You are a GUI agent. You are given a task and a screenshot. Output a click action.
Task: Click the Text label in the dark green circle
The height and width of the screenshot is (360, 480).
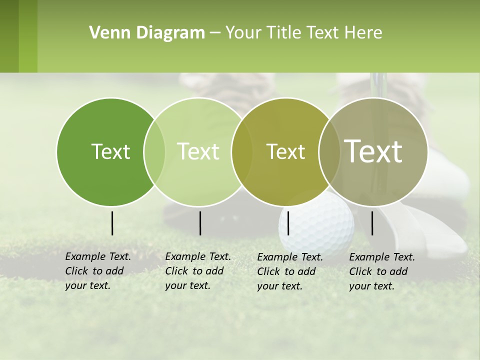tap(110, 151)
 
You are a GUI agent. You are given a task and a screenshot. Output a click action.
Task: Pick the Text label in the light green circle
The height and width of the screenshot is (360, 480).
tap(198, 151)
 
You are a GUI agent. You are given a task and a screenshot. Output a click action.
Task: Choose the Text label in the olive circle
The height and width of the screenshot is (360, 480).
tap(285, 151)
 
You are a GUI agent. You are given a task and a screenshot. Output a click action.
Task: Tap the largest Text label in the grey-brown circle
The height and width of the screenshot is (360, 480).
tap(373, 151)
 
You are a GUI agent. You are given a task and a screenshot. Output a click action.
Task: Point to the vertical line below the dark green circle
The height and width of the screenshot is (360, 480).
tap(112, 223)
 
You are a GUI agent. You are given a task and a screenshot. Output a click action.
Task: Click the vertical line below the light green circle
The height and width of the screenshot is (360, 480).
tap(200, 223)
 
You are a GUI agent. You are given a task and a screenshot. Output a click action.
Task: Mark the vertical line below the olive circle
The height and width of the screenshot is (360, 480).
tap(288, 223)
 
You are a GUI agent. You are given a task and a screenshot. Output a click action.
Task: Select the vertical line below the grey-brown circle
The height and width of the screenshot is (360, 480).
tap(372, 223)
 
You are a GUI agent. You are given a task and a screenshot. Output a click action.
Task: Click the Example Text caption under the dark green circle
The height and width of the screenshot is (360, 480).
tap(97, 271)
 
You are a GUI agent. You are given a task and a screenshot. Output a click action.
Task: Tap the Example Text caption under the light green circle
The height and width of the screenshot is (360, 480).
tap(197, 271)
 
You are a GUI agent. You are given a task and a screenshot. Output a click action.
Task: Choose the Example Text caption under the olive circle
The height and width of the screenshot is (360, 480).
tap(289, 271)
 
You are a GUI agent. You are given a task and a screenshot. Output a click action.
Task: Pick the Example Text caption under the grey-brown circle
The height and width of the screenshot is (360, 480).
tap(381, 271)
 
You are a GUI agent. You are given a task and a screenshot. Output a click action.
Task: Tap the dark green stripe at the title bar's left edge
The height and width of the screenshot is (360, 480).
tap(9, 36)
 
